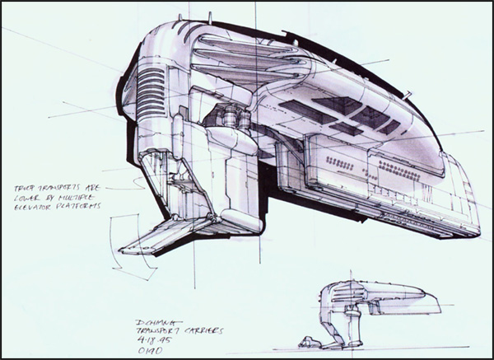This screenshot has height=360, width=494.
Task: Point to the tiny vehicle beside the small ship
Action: tap(310, 341)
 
